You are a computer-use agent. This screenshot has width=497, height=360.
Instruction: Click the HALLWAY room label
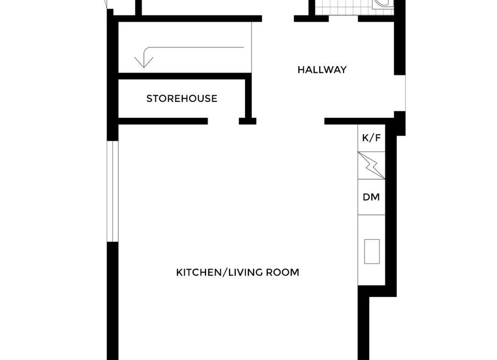click(322, 70)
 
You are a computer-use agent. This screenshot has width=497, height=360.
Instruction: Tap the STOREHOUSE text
click(182, 99)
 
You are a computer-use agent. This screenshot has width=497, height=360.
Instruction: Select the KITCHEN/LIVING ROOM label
click(237, 272)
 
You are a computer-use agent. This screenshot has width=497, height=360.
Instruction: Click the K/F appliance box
click(371, 138)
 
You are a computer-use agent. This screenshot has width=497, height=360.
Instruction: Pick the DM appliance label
click(371, 197)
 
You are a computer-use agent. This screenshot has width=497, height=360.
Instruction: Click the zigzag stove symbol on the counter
click(371, 166)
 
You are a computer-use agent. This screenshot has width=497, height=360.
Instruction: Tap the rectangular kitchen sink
click(372, 251)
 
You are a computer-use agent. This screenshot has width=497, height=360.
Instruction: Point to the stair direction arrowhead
click(144, 62)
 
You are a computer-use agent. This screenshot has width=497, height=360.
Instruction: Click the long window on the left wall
click(112, 191)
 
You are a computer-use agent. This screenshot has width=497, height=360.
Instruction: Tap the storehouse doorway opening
click(223, 121)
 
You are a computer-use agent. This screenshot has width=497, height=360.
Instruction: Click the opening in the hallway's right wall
click(400, 93)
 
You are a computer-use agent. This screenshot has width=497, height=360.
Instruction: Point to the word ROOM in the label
click(282, 272)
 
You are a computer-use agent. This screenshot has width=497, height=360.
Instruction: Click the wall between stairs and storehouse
click(184, 76)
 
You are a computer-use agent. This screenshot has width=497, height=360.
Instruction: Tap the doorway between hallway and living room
click(290, 121)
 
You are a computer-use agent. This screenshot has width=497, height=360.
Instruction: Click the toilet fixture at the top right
click(382, 5)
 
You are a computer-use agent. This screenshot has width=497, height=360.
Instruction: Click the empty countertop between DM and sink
click(371, 227)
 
